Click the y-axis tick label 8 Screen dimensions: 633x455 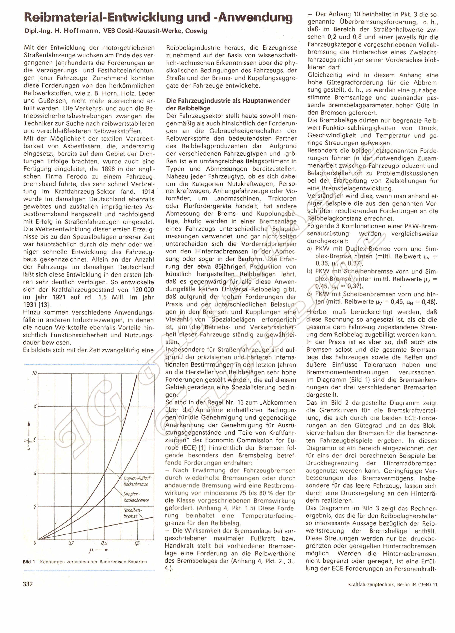(35, 406)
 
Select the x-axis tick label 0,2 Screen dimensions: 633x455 (71, 543)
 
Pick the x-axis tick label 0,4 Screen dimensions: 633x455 (104, 543)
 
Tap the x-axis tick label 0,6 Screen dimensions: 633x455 (137, 543)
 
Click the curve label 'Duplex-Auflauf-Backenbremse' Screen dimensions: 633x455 (136, 481)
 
